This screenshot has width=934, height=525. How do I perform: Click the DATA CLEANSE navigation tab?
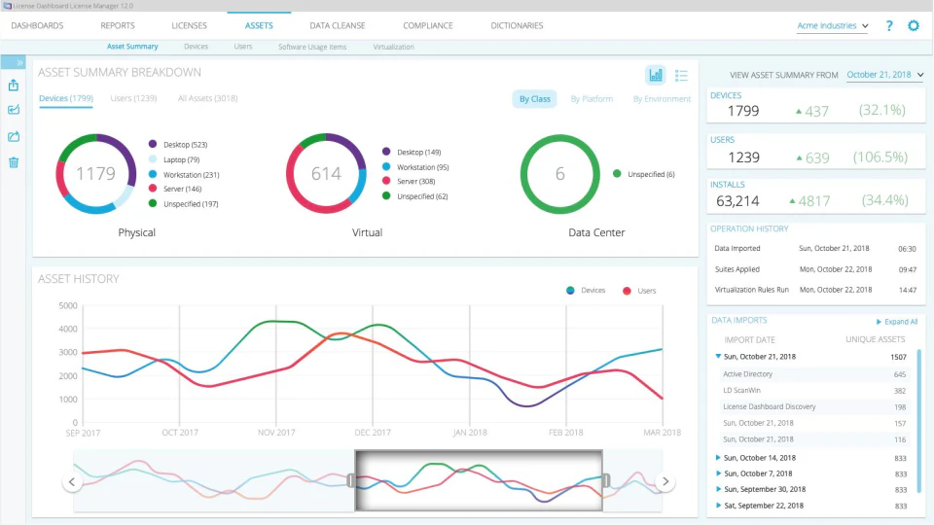337,25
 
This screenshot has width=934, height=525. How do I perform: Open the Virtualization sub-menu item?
393,47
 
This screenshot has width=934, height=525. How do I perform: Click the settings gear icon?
914,25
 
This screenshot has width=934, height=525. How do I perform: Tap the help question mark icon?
888,25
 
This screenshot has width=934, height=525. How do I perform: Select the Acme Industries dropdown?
832,26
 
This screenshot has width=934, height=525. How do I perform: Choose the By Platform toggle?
592,99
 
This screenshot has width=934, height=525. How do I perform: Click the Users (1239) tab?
133,98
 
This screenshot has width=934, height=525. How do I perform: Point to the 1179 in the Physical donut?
95,174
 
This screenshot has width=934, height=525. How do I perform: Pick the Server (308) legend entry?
415,182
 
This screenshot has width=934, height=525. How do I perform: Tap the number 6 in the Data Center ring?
559,174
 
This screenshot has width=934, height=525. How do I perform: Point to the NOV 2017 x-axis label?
276,433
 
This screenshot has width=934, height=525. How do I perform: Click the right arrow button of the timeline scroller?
665,481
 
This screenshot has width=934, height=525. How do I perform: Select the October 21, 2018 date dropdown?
884,74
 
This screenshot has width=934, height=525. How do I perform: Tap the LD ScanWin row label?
742,390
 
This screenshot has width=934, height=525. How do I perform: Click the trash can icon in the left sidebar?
14,161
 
